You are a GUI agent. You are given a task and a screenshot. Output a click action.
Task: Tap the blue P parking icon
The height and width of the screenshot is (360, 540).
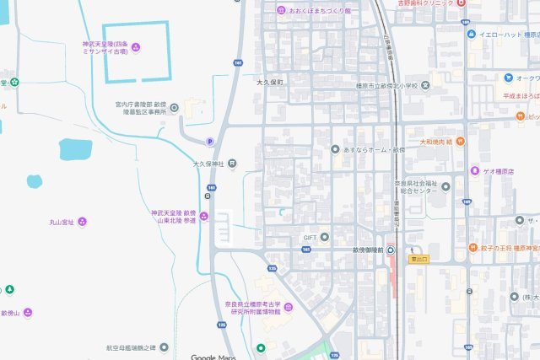click(210, 142)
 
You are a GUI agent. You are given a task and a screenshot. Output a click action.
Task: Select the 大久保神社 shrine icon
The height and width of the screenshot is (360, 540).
click(232, 164)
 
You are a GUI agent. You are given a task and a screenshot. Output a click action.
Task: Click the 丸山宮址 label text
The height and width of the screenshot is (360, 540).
click(62, 222)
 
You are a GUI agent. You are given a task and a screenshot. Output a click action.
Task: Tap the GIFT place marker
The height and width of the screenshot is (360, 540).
click(324, 237)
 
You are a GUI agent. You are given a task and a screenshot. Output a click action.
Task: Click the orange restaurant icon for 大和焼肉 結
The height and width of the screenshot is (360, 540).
click(460, 142)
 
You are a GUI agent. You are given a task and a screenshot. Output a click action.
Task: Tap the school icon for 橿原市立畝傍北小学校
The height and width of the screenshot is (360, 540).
click(427, 86)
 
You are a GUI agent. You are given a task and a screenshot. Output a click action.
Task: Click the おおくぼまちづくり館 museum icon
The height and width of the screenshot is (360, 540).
click(281, 10)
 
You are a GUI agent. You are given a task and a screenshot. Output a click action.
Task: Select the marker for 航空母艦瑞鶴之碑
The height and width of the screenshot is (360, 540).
click(164, 347)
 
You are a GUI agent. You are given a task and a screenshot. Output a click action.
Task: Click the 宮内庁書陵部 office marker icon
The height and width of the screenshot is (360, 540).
click(174, 107)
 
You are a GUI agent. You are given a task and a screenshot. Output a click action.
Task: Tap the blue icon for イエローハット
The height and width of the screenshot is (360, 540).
click(472, 35)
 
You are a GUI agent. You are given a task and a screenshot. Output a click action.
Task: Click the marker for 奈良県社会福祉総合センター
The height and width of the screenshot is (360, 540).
click(445, 186)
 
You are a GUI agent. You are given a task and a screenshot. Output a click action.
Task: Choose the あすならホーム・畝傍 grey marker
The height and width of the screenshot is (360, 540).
click(335, 149)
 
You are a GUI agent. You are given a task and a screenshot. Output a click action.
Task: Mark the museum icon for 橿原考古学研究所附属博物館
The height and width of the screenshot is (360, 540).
click(289, 306)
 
